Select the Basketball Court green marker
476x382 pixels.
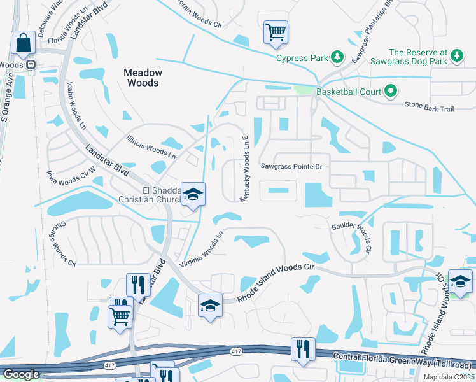(392, 92)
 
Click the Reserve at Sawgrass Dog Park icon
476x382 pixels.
(456, 57)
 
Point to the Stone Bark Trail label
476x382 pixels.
(430, 109)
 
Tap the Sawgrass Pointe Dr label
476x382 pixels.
(292, 166)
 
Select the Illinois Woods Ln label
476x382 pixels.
(151, 145)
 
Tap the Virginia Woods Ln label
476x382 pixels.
(202, 250)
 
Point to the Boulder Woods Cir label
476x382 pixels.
(351, 234)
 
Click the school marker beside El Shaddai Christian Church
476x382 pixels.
(193, 195)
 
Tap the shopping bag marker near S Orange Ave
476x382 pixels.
(24, 43)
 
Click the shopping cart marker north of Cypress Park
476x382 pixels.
(276, 32)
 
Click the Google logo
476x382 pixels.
(22, 374)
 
